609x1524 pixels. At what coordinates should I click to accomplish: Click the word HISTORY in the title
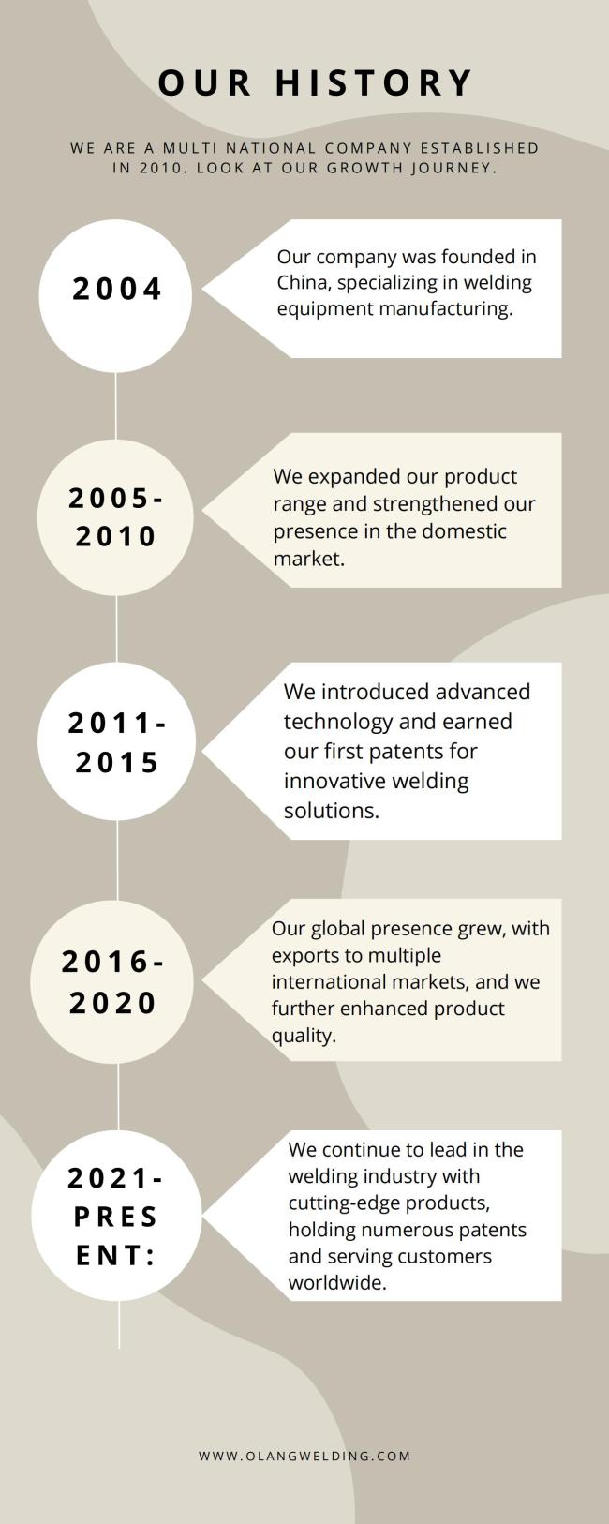click(374, 83)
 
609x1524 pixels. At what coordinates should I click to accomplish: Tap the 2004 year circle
click(115, 296)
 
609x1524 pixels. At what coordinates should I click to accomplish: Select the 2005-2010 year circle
click(115, 517)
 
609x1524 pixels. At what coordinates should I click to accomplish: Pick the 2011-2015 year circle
click(116, 741)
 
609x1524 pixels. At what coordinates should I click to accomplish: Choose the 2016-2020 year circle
click(112, 981)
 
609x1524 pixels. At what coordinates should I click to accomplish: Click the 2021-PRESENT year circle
click(116, 1216)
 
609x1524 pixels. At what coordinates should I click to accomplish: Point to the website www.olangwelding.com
click(304, 1456)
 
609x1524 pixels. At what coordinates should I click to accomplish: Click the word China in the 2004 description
click(302, 282)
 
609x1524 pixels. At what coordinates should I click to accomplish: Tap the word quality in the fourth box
click(304, 1036)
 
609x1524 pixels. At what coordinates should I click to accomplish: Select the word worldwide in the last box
click(337, 1282)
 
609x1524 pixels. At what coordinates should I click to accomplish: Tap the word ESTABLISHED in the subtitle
click(480, 148)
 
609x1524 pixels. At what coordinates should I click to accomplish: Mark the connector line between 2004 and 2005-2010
click(115, 406)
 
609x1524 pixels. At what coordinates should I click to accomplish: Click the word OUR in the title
click(205, 83)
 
